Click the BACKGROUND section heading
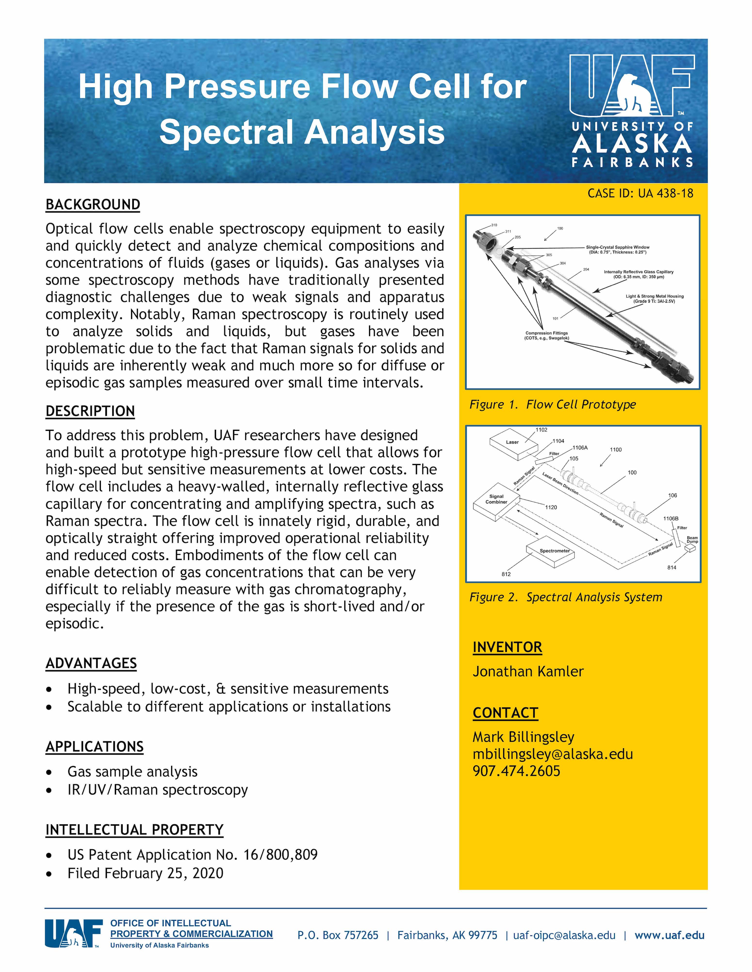pyautogui.click(x=93, y=205)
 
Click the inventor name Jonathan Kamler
pyautogui.click(x=528, y=671)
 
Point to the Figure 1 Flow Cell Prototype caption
pyautogui.click(x=552, y=404)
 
